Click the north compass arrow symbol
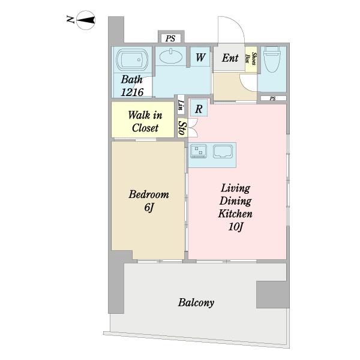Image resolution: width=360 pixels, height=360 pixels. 86,20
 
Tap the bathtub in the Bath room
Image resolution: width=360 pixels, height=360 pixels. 132,59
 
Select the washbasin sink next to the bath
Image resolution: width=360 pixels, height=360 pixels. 171,56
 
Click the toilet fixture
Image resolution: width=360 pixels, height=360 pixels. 272,59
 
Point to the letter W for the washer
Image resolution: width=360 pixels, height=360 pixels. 200,57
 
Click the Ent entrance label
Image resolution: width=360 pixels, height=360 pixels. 230,58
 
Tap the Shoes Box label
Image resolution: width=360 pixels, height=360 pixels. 251,59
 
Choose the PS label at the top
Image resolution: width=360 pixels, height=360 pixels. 170,38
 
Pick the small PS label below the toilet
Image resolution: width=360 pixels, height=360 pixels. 272,98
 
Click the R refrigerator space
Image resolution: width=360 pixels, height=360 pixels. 199,109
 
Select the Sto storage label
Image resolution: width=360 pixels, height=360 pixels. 182,128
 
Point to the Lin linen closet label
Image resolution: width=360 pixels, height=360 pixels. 181,105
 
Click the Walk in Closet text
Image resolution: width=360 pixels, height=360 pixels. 145,121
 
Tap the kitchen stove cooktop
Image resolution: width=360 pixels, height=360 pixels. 199,151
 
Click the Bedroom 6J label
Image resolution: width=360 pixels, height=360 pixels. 149,201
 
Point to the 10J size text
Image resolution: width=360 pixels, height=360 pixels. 236,227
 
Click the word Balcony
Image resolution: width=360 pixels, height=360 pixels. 196,302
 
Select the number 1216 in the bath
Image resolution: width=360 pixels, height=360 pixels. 132,92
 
